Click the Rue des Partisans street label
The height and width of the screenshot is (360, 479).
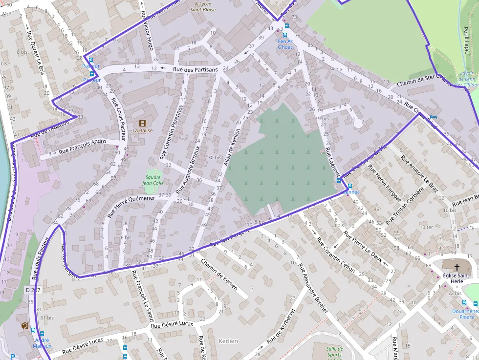[x=195, y=70]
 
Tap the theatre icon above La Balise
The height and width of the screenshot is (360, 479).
[x=143, y=123]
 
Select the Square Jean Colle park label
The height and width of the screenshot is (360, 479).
[x=153, y=180]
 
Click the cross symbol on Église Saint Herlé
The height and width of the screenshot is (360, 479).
[x=457, y=267]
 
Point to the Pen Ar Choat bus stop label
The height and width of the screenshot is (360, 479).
[x=285, y=44]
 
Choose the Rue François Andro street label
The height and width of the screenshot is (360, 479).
[x=82, y=147]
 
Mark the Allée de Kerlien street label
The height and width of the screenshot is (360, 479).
[x=232, y=147]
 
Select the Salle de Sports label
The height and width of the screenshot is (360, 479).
[x=334, y=352]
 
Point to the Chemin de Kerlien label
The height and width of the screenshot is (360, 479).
[x=220, y=274]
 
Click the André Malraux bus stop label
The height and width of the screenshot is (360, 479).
[x=42, y=343]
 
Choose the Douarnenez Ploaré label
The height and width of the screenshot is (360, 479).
[x=463, y=314]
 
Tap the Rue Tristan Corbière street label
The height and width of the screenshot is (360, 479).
[x=404, y=206]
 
